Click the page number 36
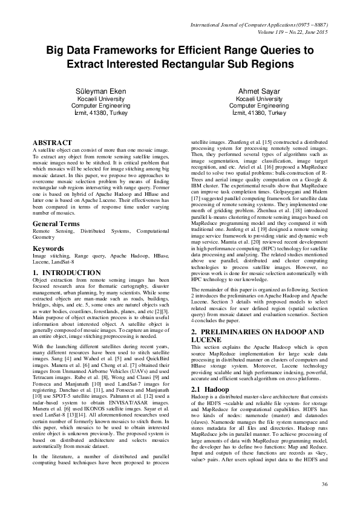(324, 485)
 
